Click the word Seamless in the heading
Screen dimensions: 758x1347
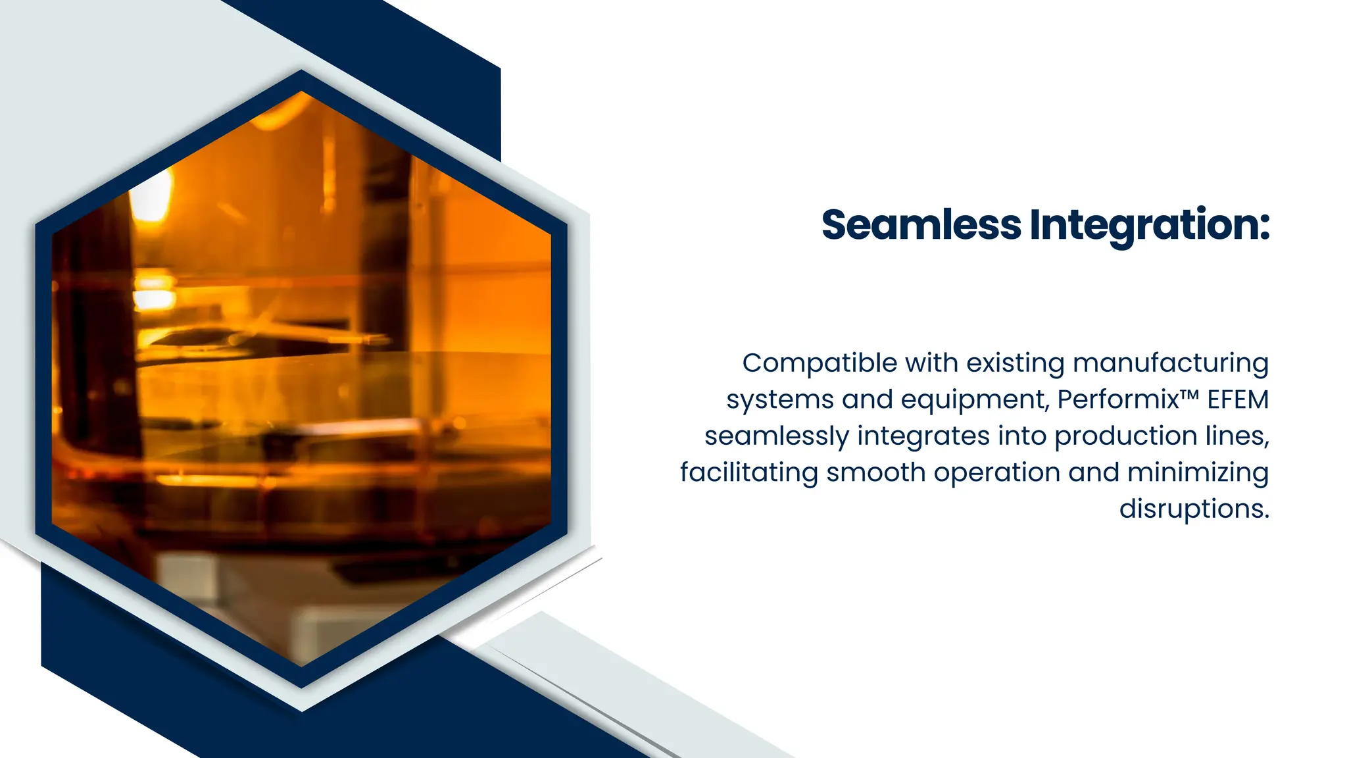(x=921, y=225)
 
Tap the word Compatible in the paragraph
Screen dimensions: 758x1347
(x=820, y=363)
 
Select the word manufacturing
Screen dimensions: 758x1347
(x=1170, y=364)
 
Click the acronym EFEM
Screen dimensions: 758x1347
(x=1238, y=400)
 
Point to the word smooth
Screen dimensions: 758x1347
(x=876, y=473)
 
